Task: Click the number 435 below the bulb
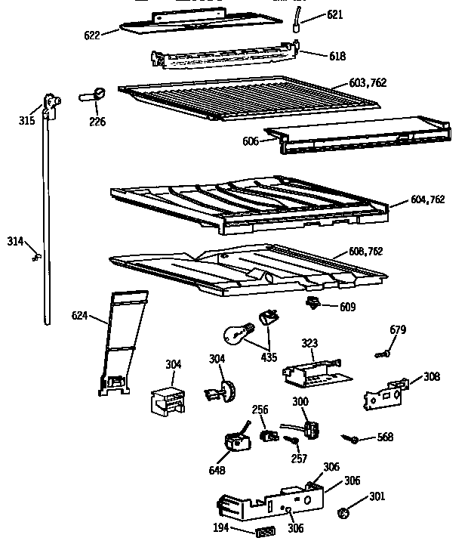tap(268, 356)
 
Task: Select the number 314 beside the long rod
tap(16, 241)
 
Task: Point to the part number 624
tap(81, 316)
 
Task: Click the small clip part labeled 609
tap(310, 303)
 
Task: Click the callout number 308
tap(431, 376)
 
